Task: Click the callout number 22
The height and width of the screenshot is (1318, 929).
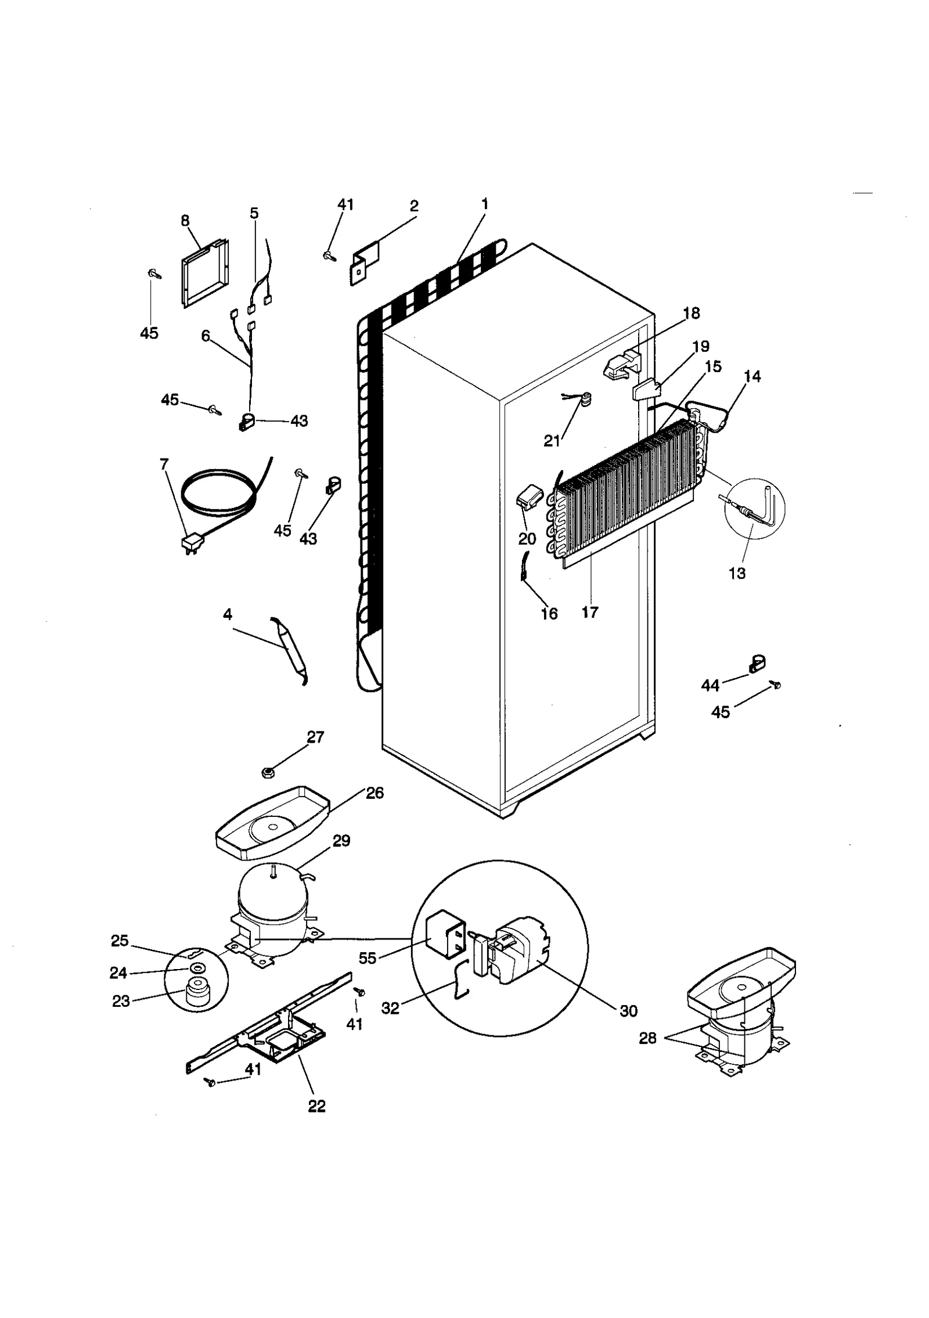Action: [x=316, y=1106]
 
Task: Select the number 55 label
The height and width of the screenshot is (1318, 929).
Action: [x=368, y=957]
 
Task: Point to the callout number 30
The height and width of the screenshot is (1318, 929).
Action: [x=628, y=1011]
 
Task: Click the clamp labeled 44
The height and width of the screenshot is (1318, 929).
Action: [x=756, y=663]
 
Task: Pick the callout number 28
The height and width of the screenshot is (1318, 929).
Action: [x=647, y=1038]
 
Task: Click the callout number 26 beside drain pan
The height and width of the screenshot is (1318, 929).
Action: [x=375, y=793]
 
